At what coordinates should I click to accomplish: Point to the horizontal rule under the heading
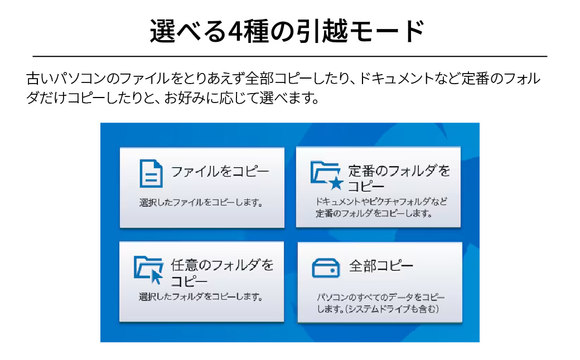(290, 56)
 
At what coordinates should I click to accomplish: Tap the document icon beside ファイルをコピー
(151, 173)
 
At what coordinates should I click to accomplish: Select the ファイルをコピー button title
(220, 171)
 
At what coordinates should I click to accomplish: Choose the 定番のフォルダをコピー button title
(399, 178)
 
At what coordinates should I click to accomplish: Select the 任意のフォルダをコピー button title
(223, 272)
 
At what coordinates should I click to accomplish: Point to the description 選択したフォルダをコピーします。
(201, 296)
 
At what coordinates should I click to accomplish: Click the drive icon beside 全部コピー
(326, 267)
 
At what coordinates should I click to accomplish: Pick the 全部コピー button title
(381, 266)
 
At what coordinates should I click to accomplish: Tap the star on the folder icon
(335, 183)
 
